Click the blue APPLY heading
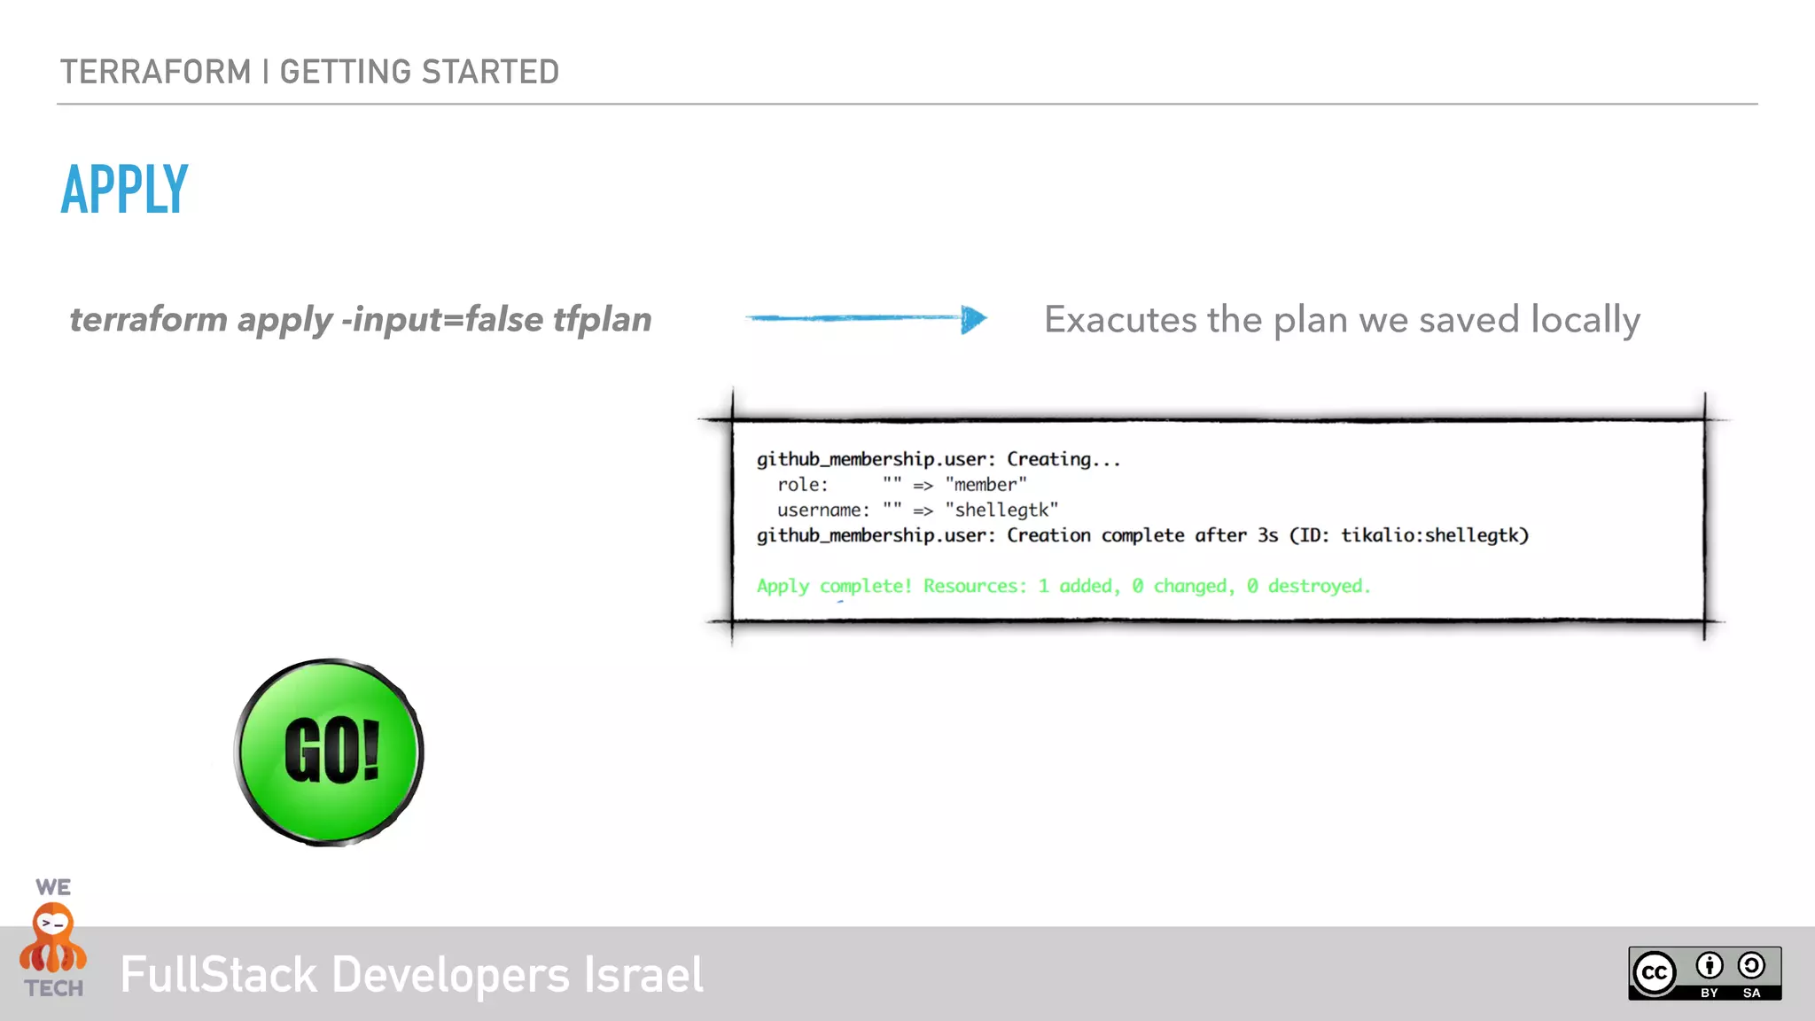click(125, 190)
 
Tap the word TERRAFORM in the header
click(156, 72)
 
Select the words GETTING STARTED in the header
click(419, 72)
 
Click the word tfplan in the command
click(603, 319)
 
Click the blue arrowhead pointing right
click(973, 319)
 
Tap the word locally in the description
click(1585, 319)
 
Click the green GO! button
click(330, 752)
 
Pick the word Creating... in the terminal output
click(1063, 459)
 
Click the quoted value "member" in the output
click(985, 485)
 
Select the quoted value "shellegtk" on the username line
click(1001, 510)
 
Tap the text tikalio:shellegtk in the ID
click(1430, 535)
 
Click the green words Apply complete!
click(834, 586)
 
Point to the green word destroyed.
click(1318, 586)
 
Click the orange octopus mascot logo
click(53, 938)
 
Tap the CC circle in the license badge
click(1654, 973)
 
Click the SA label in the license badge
click(1751, 993)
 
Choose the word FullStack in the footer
click(218, 975)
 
